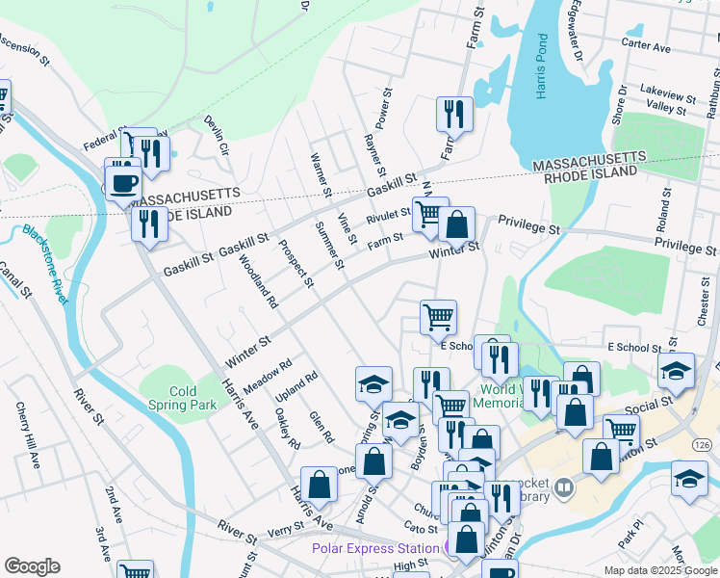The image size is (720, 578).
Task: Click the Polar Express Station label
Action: (x=375, y=548)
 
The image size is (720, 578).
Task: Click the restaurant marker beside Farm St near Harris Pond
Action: (x=453, y=115)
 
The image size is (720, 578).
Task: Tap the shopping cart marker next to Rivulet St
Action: (x=429, y=213)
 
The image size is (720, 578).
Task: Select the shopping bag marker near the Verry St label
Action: (x=319, y=485)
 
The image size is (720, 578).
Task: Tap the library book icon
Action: (x=564, y=487)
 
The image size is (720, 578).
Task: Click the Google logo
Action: (x=32, y=566)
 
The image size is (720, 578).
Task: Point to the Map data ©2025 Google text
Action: (x=659, y=570)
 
